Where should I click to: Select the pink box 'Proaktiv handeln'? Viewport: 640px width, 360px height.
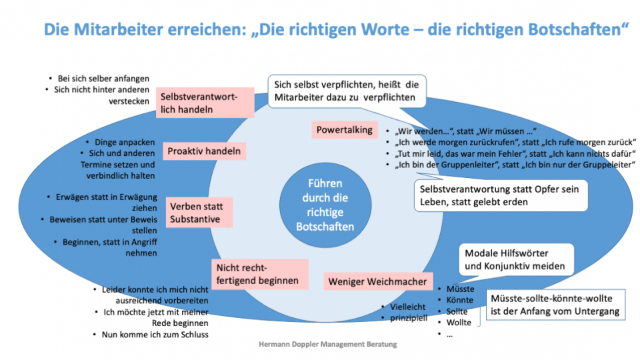204,151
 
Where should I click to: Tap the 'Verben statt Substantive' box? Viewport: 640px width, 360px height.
195,212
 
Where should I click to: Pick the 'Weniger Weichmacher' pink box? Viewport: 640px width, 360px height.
377,281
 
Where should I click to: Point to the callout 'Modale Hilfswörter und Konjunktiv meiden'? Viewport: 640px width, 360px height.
515,260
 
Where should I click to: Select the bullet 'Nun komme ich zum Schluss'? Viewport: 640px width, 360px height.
155,334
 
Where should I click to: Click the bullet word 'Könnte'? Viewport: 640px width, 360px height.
460,300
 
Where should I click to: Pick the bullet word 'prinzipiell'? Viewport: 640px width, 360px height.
408,317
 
